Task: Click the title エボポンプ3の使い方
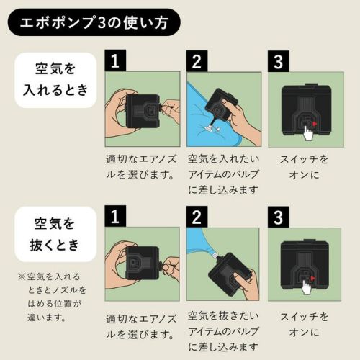tap(94, 22)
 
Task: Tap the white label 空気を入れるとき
tap(55, 80)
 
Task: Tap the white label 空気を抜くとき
tap(55, 234)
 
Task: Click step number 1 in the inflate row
tap(115, 60)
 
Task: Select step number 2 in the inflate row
tap(197, 60)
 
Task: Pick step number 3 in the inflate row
tap(278, 61)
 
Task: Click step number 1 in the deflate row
tap(115, 216)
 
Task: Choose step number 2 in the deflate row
tap(197, 217)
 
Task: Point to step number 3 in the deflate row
tap(278, 217)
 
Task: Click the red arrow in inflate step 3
tap(315, 124)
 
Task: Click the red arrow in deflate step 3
tap(312, 279)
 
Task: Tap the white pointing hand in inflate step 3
tap(307, 133)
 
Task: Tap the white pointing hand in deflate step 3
tap(306, 287)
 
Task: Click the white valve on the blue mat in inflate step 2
tap(212, 129)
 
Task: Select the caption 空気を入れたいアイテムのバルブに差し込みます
tap(223, 174)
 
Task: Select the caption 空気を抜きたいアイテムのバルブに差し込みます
tap(223, 331)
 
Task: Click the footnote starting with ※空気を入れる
tap(52, 297)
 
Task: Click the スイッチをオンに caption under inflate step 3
tap(304, 167)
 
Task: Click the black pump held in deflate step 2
tap(228, 274)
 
